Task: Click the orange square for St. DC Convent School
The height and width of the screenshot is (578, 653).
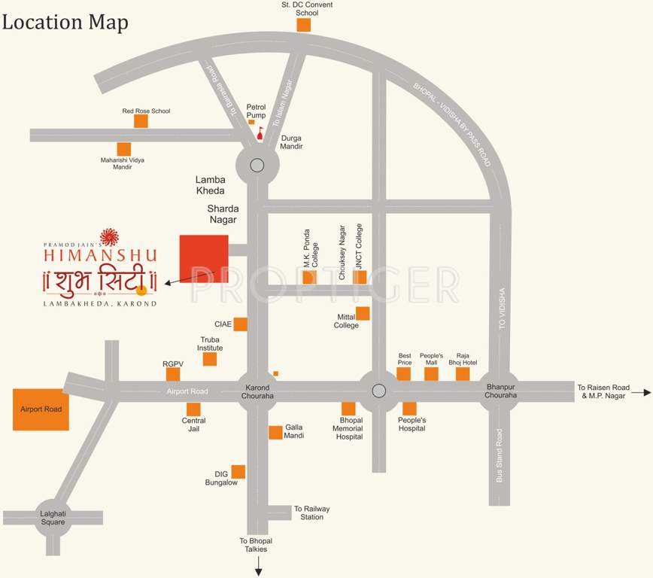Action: click(x=303, y=25)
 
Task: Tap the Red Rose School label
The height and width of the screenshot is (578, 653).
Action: click(x=146, y=111)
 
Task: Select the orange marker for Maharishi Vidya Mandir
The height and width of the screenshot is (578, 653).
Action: click(x=123, y=149)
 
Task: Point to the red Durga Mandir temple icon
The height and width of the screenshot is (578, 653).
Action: click(x=260, y=135)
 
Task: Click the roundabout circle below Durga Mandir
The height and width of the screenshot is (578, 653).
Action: click(x=257, y=166)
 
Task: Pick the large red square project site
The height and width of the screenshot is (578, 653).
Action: click(x=203, y=258)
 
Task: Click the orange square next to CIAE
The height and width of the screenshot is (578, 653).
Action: click(x=240, y=324)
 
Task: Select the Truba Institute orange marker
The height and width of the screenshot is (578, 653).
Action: click(x=210, y=359)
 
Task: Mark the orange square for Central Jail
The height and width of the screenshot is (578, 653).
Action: click(x=193, y=409)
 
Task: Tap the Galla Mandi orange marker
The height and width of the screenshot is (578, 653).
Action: click(x=275, y=432)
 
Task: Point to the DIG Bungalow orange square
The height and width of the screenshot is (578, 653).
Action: click(x=238, y=472)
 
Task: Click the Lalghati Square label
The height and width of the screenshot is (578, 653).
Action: click(x=53, y=518)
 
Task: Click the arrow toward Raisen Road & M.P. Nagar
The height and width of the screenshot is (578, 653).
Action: click(x=641, y=392)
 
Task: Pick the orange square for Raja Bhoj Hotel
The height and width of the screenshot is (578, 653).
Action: click(x=463, y=374)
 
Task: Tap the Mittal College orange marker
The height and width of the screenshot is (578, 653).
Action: click(x=363, y=314)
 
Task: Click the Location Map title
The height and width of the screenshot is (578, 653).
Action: click(x=65, y=22)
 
